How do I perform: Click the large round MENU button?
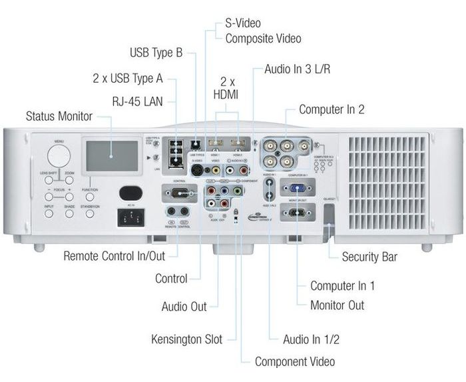(x=59, y=155)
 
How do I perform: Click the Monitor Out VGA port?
(x=294, y=213)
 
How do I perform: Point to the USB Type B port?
(x=196, y=143)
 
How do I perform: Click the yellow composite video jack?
(x=215, y=170)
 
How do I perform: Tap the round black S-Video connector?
(x=197, y=170)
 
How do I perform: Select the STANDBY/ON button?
(x=89, y=215)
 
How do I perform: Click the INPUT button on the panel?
(x=49, y=215)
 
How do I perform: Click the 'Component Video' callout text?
(x=295, y=362)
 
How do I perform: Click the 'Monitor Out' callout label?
(x=337, y=305)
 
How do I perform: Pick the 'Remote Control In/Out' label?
(x=115, y=256)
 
